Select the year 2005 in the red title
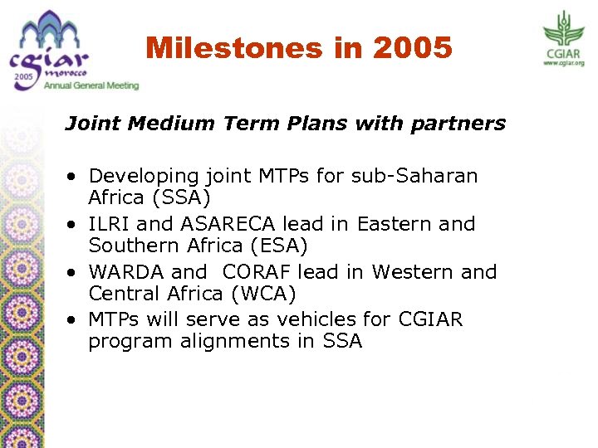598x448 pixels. [x=413, y=48]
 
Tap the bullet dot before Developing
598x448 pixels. [x=75, y=177]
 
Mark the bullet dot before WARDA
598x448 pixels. [x=75, y=273]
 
